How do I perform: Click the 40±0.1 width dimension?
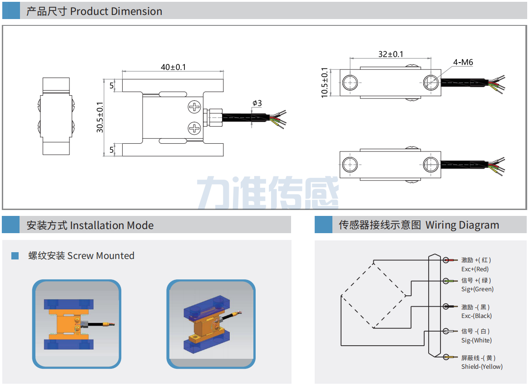point(173,67)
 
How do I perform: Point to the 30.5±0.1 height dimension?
point(100,117)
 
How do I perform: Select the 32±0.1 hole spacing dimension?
point(391,54)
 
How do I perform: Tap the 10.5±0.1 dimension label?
point(324,82)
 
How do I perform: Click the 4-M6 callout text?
point(463,62)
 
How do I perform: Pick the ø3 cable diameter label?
point(257,103)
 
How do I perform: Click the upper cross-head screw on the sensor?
point(194,107)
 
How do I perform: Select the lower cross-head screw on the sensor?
point(194,128)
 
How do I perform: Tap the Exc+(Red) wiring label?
point(475,269)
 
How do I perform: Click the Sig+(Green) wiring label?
point(477,289)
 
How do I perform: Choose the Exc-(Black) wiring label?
point(476,316)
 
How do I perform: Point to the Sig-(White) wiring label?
point(476,340)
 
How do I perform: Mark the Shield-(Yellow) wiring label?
point(482,366)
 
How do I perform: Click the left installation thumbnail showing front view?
point(76,324)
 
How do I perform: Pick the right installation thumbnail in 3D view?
point(211,324)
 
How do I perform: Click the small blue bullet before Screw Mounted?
point(15,256)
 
